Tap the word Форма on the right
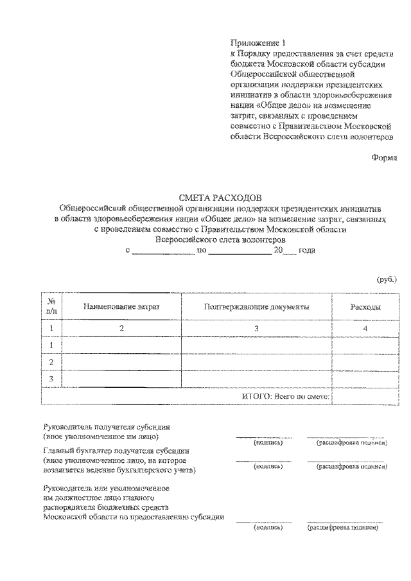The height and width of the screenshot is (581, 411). tap(384, 157)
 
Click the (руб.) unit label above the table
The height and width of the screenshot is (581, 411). tap(387, 279)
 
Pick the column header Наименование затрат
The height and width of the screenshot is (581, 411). tap(121, 307)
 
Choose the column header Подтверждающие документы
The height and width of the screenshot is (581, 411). tap(256, 307)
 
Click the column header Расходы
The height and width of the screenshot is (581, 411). tap(365, 307)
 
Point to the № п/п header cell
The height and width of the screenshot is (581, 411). tap(51, 306)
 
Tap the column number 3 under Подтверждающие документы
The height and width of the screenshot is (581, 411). tap(256, 329)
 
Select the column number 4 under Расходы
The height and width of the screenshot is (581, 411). tap(365, 329)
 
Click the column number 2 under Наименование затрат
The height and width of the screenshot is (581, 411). tap(121, 329)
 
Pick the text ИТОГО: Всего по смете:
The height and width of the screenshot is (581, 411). tap(286, 397)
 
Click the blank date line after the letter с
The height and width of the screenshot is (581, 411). tap(162, 250)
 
